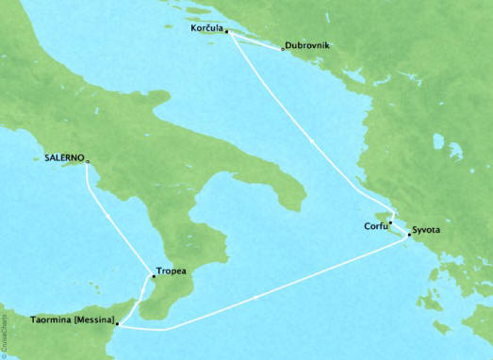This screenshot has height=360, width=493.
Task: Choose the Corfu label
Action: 375,225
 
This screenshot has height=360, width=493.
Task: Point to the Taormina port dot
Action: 118,323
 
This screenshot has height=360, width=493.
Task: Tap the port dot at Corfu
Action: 391,223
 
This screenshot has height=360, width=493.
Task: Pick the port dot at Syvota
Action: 408,232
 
